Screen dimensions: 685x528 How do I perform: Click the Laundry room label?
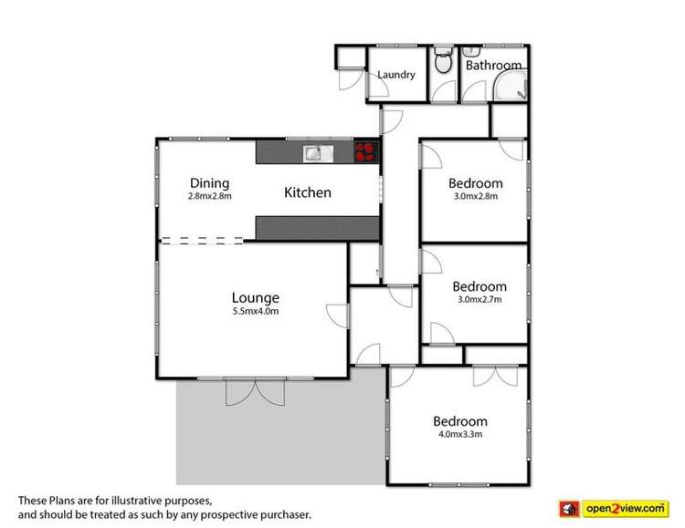(396, 75)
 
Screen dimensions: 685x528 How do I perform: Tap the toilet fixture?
(443, 59)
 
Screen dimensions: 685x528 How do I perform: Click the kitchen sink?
(318, 153)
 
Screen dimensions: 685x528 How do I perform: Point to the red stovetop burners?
(365, 151)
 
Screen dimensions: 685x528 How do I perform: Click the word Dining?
(210, 183)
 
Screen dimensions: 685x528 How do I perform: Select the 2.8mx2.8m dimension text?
(210, 196)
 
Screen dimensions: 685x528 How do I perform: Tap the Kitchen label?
(308, 192)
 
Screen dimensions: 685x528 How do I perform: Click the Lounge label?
(256, 298)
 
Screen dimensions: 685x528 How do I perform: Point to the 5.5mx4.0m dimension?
(256, 312)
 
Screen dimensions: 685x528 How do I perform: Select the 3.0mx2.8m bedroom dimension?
(476, 196)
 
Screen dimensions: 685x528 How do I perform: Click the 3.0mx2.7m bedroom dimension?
(479, 300)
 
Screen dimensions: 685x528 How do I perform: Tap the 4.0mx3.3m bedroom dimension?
(460, 435)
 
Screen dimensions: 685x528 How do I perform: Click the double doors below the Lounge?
(255, 392)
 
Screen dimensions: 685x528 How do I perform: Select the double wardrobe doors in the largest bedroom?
(495, 376)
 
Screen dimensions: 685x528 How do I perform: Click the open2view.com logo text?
(626, 509)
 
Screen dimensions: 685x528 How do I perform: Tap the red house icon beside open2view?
(569, 509)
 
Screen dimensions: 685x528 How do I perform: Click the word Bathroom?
(493, 66)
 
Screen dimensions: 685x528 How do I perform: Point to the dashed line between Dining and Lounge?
(202, 241)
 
